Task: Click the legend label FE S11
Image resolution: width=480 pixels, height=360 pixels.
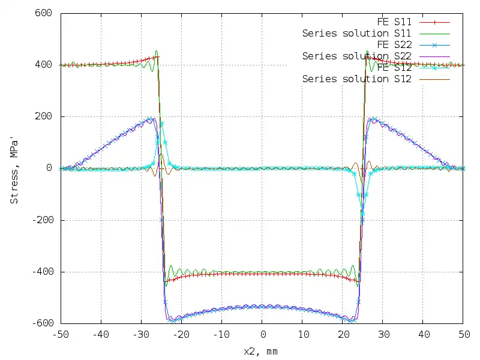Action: point(394,22)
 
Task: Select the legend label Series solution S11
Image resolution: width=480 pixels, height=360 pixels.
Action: point(356,34)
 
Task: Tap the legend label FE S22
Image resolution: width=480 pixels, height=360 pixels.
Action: point(394,45)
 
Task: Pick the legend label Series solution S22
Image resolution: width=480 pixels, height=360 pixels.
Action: point(356,56)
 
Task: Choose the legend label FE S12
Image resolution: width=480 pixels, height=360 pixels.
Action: point(394,68)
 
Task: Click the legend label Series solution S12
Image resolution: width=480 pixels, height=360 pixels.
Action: point(356,79)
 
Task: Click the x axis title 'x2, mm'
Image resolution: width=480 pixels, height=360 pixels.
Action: point(260,351)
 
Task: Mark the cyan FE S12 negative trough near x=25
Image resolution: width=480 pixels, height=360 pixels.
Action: point(362,212)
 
